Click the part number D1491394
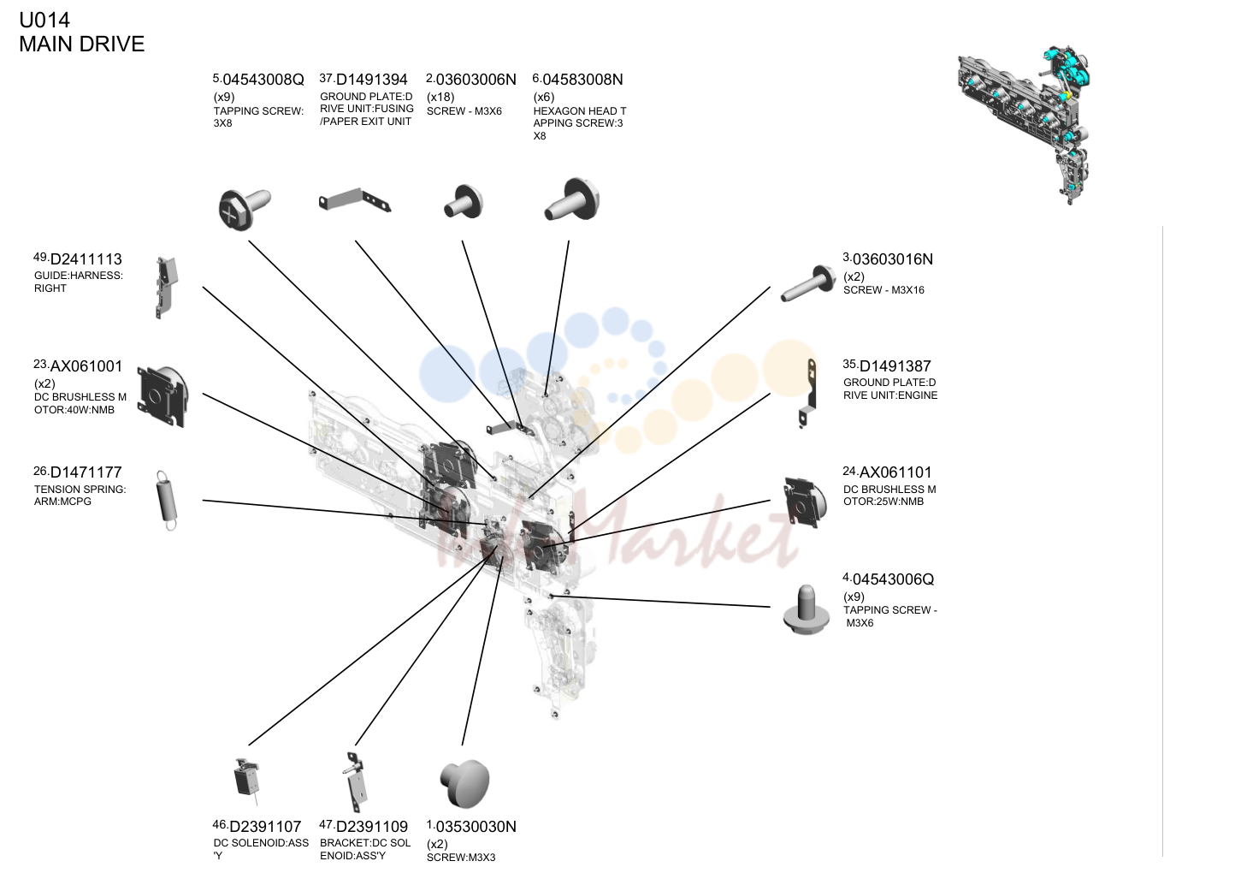pyautogui.click(x=372, y=80)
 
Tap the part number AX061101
pyautogui.click(x=895, y=472)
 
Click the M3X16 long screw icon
pyautogui.click(x=807, y=283)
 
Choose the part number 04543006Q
pyautogui.click(x=893, y=579)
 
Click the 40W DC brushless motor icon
pyautogui.click(x=163, y=396)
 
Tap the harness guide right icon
pyautogui.click(x=166, y=287)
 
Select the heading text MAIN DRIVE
pyautogui.click(x=82, y=45)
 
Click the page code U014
pyautogui.click(x=44, y=21)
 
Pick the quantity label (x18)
pyautogui.click(x=440, y=97)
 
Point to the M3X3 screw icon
pyautogui.click(x=464, y=782)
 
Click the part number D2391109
pyautogui.click(x=372, y=827)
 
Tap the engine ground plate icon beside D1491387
pyautogui.click(x=807, y=394)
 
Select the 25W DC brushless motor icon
pyautogui.click(x=805, y=502)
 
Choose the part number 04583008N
pyautogui.click(x=582, y=80)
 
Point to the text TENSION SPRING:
pyautogui.click(x=80, y=490)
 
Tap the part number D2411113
pyautogui.click(x=86, y=259)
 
